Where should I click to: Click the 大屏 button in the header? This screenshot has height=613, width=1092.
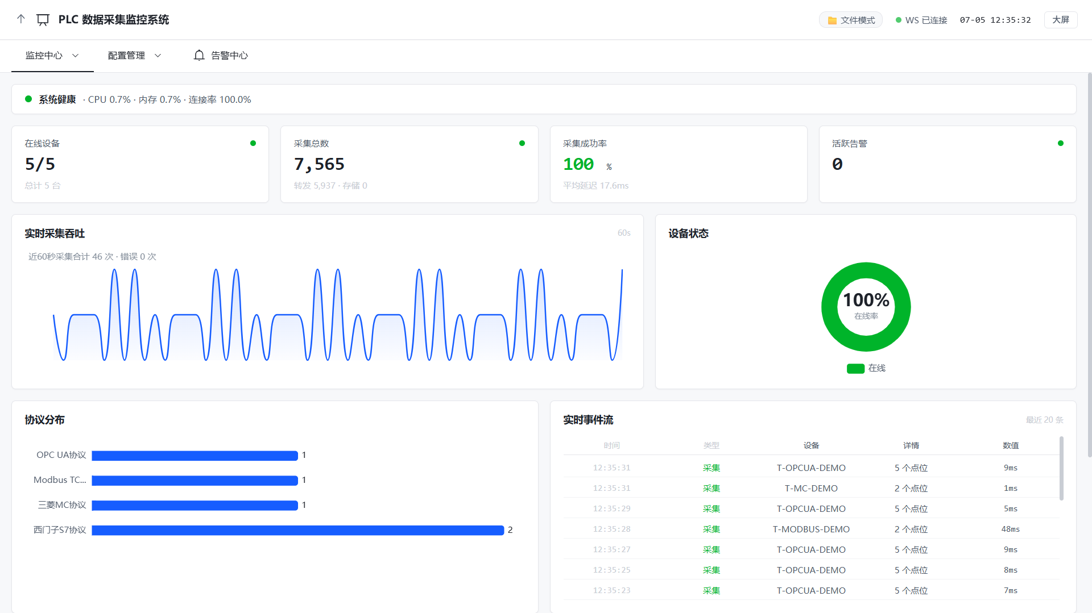(x=1061, y=20)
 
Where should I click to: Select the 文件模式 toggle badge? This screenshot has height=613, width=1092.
(x=851, y=20)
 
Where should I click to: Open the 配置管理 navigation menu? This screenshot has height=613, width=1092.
(x=135, y=56)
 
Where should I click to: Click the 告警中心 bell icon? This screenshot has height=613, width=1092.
(x=199, y=55)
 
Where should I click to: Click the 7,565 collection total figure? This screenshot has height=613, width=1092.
(x=319, y=164)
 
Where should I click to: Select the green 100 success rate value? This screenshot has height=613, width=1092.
(x=578, y=164)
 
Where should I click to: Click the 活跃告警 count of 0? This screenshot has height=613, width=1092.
(x=837, y=164)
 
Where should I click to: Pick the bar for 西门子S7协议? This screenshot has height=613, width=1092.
(x=298, y=530)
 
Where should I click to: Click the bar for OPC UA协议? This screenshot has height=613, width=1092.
(x=195, y=456)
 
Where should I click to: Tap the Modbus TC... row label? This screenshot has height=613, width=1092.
(x=60, y=480)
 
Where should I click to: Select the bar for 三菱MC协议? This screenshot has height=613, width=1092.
(x=195, y=506)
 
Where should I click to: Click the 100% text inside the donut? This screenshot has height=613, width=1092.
(x=866, y=300)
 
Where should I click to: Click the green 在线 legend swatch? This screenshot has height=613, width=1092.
(x=855, y=369)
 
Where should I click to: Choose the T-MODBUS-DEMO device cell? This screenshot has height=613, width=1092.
(x=811, y=529)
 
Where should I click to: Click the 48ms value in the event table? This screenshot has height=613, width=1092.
(x=1011, y=529)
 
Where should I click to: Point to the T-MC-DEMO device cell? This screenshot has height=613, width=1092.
(x=811, y=489)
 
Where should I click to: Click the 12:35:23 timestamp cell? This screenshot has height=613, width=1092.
(x=611, y=591)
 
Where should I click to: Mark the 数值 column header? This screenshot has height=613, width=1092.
(x=1011, y=445)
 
